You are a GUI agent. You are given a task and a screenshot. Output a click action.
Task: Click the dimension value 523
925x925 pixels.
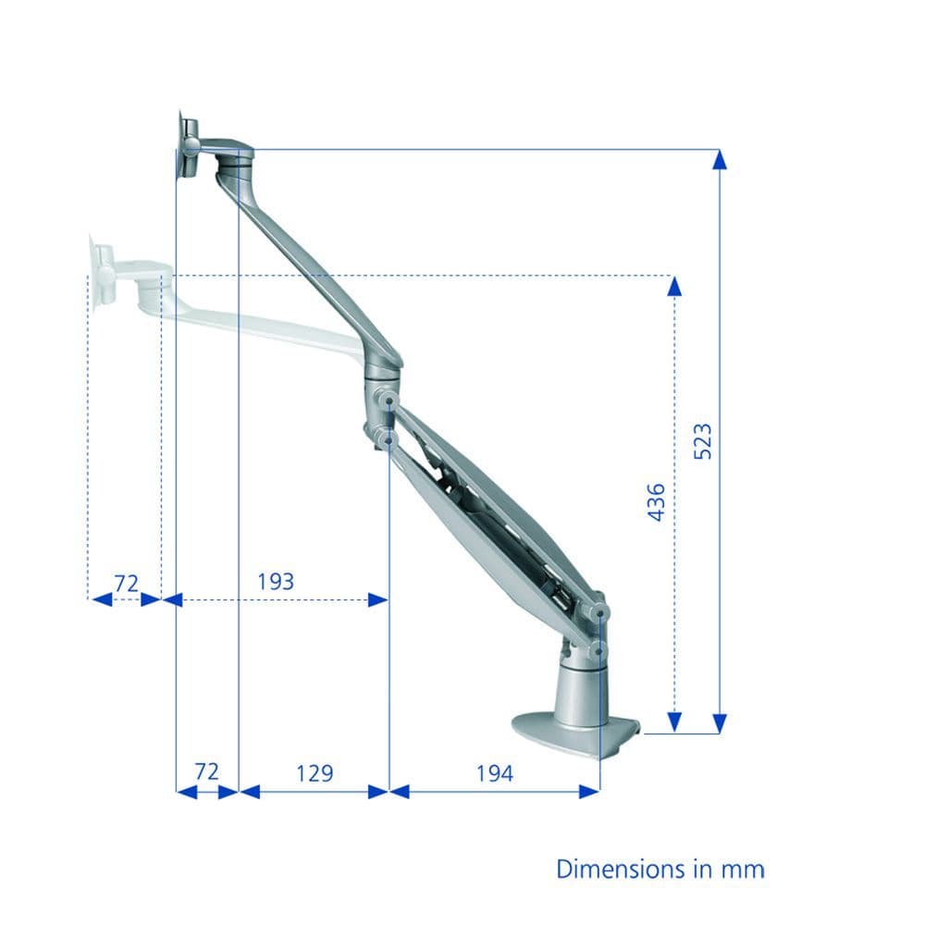[703, 442]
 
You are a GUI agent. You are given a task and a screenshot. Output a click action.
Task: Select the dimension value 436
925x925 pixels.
[656, 501]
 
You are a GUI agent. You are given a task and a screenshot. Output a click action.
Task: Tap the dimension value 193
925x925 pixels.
[275, 581]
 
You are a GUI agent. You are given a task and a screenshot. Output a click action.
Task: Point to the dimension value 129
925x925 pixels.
[314, 772]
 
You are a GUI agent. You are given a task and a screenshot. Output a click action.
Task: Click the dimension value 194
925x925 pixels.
[495, 772]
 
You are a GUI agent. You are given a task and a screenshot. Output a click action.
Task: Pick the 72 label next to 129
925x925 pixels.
[206, 771]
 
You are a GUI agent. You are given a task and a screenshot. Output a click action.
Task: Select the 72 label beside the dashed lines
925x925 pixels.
[126, 583]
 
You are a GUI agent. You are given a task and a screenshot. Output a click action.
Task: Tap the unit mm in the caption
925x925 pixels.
[746, 869]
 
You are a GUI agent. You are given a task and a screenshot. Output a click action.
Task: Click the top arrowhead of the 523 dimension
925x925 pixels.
[720, 158]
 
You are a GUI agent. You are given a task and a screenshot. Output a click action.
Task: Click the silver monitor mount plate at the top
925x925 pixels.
[187, 146]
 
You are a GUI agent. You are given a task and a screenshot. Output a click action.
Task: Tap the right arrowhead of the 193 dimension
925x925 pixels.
[377, 599]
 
